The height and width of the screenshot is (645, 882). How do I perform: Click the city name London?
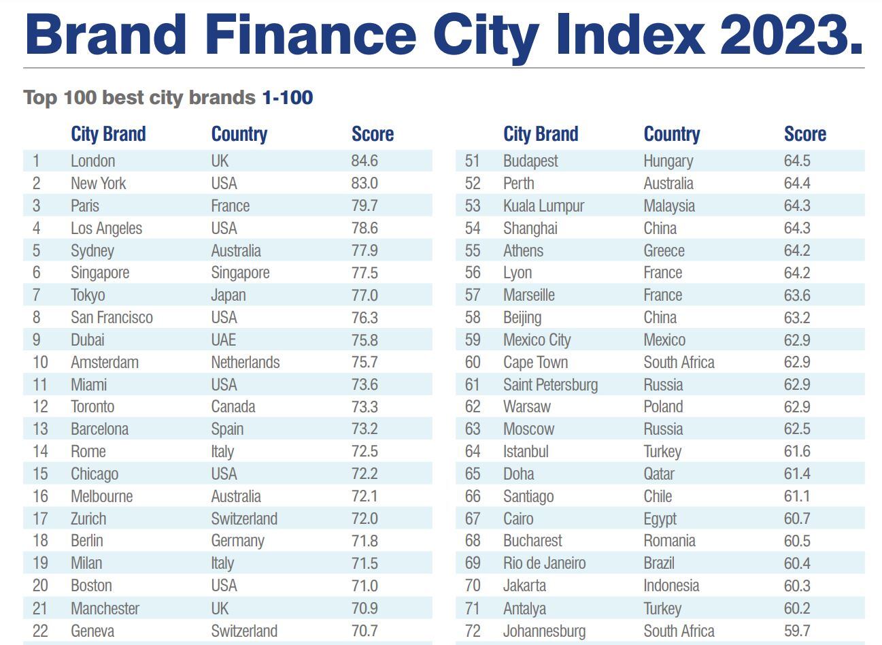pyautogui.click(x=92, y=161)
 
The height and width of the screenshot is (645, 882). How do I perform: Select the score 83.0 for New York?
pyautogui.click(x=364, y=184)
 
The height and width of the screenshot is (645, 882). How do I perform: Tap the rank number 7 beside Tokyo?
pyautogui.click(x=36, y=295)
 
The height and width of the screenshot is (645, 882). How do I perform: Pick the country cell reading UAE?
pyautogui.click(x=224, y=340)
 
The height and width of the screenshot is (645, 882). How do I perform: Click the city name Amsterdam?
pyautogui.click(x=105, y=363)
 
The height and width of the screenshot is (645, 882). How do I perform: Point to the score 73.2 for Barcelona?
pyautogui.click(x=364, y=429)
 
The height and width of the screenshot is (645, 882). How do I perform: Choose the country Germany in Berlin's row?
pyautogui.click(x=237, y=541)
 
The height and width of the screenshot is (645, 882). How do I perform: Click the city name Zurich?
pyautogui.click(x=88, y=518)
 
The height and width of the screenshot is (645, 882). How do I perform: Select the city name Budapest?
pyautogui.click(x=530, y=161)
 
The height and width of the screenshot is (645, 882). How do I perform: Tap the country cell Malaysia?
pyautogui.click(x=669, y=206)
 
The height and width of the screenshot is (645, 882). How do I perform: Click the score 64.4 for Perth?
pyautogui.click(x=797, y=184)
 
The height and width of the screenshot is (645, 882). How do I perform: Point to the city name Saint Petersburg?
pyautogui.click(x=550, y=385)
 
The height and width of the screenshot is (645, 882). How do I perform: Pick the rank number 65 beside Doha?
pyautogui.click(x=473, y=474)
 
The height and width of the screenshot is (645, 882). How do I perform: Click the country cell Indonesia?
pyautogui.click(x=671, y=586)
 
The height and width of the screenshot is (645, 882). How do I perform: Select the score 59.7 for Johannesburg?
pyautogui.click(x=797, y=631)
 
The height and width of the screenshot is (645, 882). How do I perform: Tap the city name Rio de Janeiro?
pyautogui.click(x=544, y=563)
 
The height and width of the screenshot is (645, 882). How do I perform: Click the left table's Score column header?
pyautogui.click(x=373, y=134)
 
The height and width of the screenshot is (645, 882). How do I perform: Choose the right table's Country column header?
pyautogui.click(x=672, y=134)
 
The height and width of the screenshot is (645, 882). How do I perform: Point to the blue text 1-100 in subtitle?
pyautogui.click(x=288, y=97)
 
